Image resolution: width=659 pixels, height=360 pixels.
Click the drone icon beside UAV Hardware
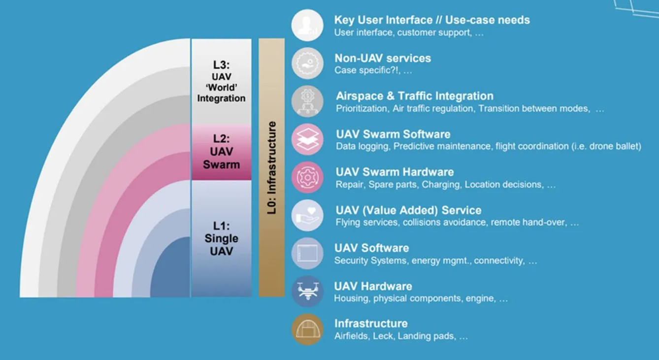[x=307, y=292]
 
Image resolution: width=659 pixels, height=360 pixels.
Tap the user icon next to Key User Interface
[x=307, y=25]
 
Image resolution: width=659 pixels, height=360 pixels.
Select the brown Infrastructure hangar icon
[x=307, y=329]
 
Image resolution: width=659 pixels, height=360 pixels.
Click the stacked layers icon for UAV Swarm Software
[x=307, y=139]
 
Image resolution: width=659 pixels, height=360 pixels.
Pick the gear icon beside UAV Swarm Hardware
[x=307, y=177]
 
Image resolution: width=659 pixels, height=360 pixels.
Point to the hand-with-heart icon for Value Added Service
[x=307, y=215]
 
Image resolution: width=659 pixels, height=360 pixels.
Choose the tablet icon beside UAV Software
[x=307, y=254]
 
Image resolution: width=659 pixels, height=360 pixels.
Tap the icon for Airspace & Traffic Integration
[x=307, y=101]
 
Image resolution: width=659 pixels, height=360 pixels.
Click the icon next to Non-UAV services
[x=307, y=63]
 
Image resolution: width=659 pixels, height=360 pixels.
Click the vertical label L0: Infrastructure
[x=272, y=167]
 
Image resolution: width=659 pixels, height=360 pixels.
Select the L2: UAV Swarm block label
[x=221, y=152]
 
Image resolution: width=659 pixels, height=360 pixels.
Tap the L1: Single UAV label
[x=221, y=238]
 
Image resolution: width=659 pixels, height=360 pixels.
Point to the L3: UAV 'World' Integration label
[x=221, y=81]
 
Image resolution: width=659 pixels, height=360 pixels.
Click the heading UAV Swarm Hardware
[x=395, y=172]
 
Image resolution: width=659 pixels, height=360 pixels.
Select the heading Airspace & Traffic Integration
[x=415, y=96]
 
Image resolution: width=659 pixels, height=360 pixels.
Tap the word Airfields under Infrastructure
[x=351, y=336]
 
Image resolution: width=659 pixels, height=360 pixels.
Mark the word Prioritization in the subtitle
[x=362, y=108]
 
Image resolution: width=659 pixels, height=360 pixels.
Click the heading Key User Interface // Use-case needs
[x=432, y=20]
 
